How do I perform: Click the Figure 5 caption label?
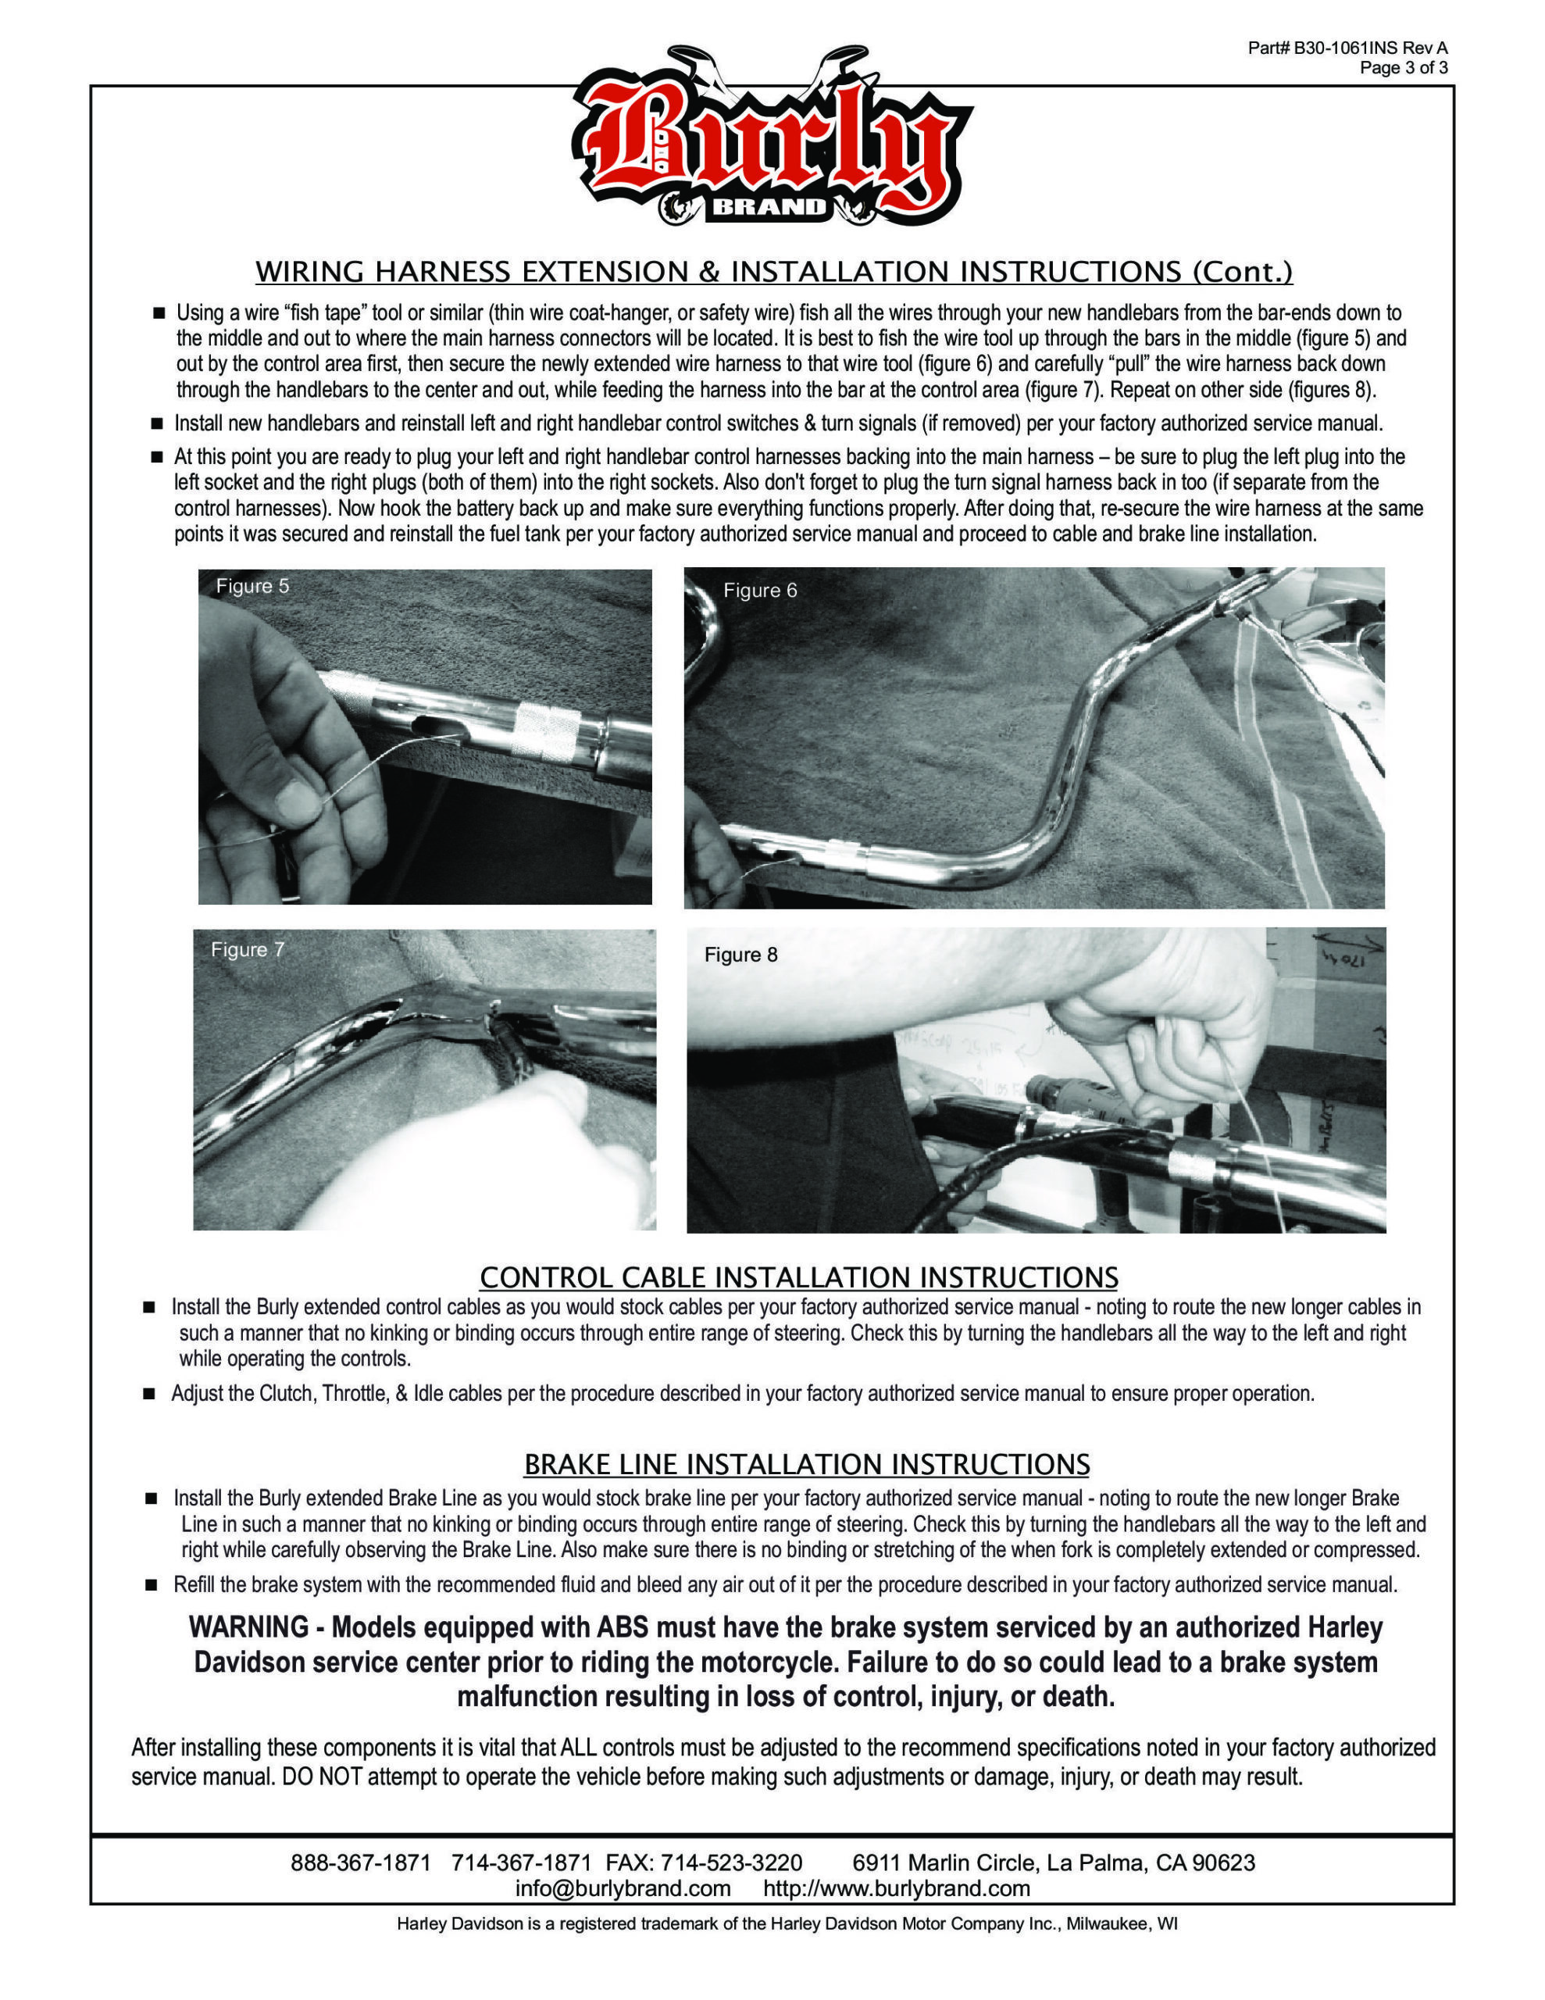point(252,586)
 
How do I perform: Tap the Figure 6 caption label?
point(759,591)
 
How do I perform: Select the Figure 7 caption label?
point(248,950)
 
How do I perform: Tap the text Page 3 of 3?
point(1403,68)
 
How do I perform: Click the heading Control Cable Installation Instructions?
point(798,1277)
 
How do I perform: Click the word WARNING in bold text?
point(248,1627)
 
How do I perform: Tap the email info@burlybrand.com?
point(623,1888)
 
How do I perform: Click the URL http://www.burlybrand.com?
point(897,1888)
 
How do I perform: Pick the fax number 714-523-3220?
point(731,1862)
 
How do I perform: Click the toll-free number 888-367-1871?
point(360,1862)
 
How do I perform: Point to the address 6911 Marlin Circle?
point(942,1862)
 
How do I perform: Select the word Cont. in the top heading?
point(1242,272)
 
